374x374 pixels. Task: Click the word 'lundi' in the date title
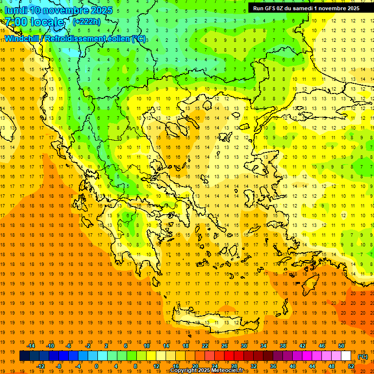16,10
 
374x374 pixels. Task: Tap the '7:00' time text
16,22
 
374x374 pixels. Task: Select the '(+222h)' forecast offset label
86,21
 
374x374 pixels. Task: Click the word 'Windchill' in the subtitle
23,38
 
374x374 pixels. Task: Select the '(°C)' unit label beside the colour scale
363,356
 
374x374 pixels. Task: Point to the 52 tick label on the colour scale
351,366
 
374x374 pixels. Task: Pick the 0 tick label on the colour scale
96,366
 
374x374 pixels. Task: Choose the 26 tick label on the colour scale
224,346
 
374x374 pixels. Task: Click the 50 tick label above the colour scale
341,346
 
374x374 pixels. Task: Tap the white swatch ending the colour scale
346,356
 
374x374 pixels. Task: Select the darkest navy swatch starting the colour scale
24,356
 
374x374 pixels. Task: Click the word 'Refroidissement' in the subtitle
74,38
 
